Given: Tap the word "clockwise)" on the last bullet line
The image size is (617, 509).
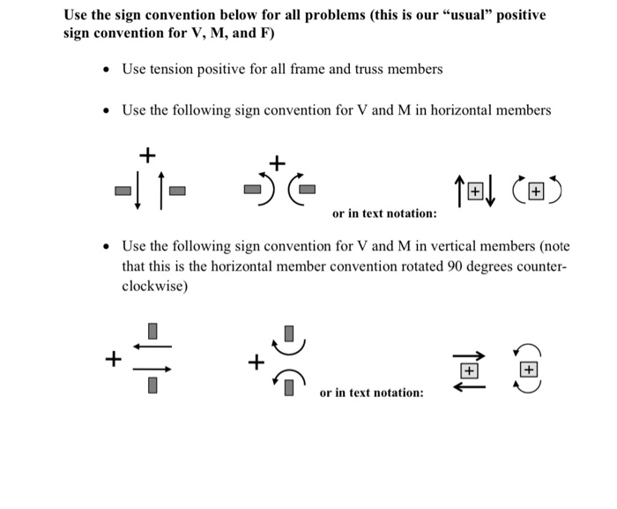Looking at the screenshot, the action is point(154,287).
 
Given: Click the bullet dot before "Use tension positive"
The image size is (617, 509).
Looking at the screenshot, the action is point(106,70).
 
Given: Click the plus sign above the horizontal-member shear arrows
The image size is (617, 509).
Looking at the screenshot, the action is point(147,156).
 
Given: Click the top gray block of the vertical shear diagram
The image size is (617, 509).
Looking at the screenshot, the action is point(152,332).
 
